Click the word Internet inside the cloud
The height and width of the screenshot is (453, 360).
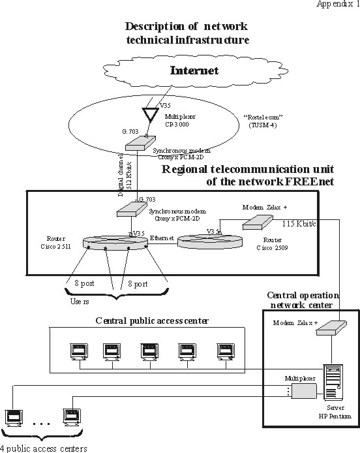coord(194,70)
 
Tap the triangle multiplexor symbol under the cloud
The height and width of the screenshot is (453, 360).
coord(151,114)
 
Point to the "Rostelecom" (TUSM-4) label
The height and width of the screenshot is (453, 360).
coord(263,121)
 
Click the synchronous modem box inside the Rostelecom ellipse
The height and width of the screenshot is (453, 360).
coord(141,144)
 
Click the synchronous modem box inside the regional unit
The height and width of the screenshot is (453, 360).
coord(132,210)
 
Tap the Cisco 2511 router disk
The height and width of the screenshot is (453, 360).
coord(115,243)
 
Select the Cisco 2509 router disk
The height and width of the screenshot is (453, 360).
coord(210,242)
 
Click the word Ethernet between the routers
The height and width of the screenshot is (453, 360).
coord(162,238)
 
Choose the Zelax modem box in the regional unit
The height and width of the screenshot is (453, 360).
coord(258,222)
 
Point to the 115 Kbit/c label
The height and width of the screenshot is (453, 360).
coord(299,224)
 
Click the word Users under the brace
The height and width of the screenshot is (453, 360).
coord(80,302)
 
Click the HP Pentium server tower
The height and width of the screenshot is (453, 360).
coord(334,382)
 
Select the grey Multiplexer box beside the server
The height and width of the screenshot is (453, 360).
coord(304,391)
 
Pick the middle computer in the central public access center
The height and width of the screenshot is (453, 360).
coord(150,351)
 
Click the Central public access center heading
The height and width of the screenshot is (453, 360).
coord(152,320)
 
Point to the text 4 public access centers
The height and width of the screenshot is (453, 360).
coord(44,448)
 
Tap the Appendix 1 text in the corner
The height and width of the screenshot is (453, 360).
coord(338,4)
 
